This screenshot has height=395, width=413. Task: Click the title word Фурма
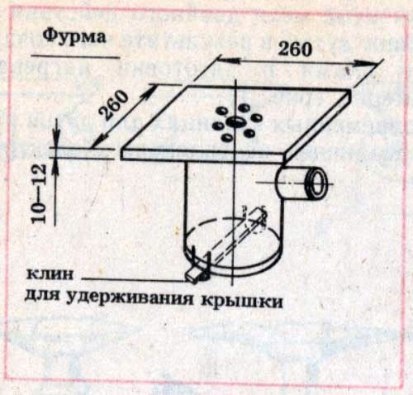74,36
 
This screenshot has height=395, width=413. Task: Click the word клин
50,274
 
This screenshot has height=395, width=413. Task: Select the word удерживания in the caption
131,298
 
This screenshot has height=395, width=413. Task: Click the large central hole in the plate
235,121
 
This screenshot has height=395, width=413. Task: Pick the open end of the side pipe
317,183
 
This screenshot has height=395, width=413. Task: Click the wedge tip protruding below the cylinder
192,276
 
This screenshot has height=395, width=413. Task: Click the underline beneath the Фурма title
76,57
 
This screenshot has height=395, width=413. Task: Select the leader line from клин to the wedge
134,279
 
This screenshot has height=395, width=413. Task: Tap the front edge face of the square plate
203,155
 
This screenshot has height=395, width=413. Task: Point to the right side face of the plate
318,126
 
